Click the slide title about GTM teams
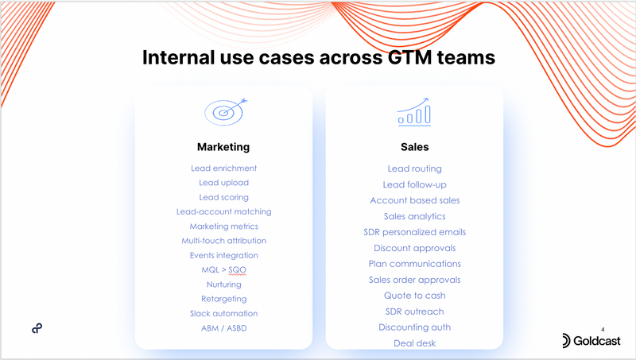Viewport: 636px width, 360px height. [x=318, y=57]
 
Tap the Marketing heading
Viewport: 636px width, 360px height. [x=223, y=147]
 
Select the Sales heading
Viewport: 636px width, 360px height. [x=414, y=147]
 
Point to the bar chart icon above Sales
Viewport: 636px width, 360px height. [x=413, y=113]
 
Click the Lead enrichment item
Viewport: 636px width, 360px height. [x=223, y=168]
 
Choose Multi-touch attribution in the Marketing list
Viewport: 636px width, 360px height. [x=223, y=240]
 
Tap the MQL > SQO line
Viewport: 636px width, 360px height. [x=223, y=270]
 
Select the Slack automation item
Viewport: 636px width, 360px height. [x=223, y=313]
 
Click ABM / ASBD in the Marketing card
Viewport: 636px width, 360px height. [x=223, y=327]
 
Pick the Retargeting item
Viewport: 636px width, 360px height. [x=223, y=299]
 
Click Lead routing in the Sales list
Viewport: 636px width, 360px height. [x=414, y=168]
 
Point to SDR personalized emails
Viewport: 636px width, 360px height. [x=414, y=232]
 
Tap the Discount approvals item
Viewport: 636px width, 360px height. [x=414, y=248]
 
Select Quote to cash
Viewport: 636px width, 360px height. [x=414, y=296]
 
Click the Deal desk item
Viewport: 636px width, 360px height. [x=414, y=343]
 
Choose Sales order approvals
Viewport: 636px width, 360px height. [x=414, y=280]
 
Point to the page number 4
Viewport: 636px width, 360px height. [x=603, y=329]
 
